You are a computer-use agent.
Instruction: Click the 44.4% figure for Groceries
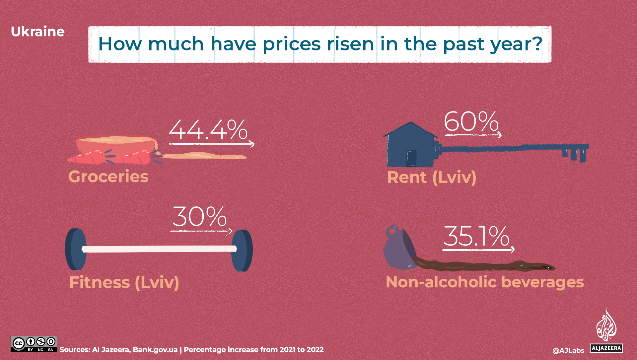point(208,130)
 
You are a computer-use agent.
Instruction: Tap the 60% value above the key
point(471,121)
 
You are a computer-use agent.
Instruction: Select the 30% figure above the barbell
point(199,217)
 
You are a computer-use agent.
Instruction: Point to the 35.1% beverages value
point(476,236)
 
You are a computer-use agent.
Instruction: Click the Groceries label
point(108,177)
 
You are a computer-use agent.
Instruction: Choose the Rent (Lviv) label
point(432,177)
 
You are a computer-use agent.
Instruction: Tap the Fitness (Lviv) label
point(124,283)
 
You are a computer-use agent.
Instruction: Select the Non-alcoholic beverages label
point(485,282)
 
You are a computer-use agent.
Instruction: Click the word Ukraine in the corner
point(37,32)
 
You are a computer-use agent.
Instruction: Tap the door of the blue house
point(411,158)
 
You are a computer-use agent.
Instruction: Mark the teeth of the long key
point(574,154)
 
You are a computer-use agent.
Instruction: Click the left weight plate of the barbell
point(76,249)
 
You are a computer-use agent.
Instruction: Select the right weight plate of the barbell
point(242,251)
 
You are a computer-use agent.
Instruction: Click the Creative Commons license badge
point(34,344)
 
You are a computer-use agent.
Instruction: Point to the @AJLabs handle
point(568,350)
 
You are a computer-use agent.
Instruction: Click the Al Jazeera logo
point(606,330)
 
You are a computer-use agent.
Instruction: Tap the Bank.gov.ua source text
point(155,350)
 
